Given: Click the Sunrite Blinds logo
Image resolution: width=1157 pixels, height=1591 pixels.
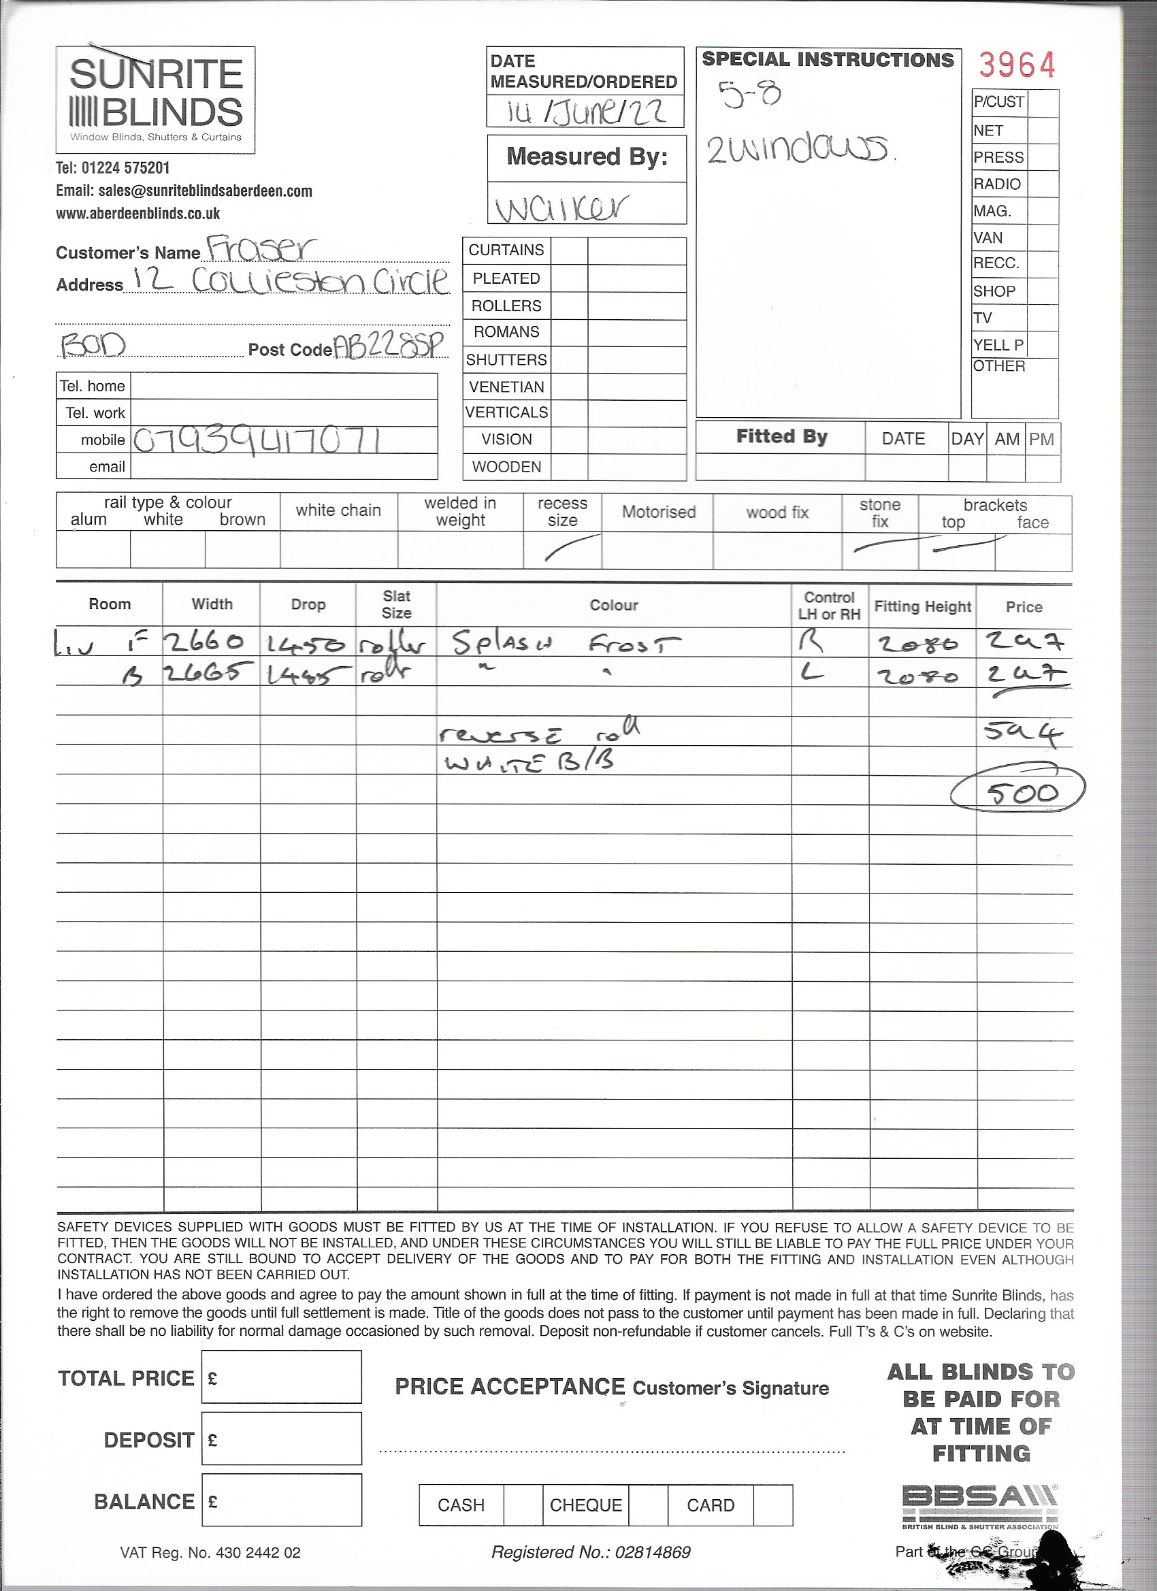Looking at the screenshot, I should click(x=155, y=99).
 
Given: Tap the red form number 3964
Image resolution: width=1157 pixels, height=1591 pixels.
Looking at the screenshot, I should click(x=1017, y=66).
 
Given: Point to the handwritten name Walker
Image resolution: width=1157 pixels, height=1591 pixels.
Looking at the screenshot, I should click(x=561, y=207).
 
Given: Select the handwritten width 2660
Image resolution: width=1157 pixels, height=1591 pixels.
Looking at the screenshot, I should click(x=204, y=641).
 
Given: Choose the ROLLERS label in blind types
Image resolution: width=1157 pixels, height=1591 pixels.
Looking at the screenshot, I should click(x=506, y=306).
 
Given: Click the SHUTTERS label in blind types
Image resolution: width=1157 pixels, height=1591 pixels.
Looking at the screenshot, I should click(x=506, y=360).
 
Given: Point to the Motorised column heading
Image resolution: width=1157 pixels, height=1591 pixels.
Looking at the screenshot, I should click(x=658, y=512).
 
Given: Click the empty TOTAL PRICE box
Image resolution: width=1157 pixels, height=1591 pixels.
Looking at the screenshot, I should click(x=281, y=1377).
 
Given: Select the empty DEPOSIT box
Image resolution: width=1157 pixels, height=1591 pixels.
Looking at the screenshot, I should click(x=281, y=1439).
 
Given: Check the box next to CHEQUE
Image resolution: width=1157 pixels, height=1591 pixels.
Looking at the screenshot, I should click(x=648, y=1505).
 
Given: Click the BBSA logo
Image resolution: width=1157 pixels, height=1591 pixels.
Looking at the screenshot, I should click(x=979, y=1499).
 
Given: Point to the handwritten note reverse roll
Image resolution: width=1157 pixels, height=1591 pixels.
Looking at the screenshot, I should click(x=540, y=732).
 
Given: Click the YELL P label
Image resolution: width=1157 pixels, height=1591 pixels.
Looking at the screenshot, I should click(x=998, y=345).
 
